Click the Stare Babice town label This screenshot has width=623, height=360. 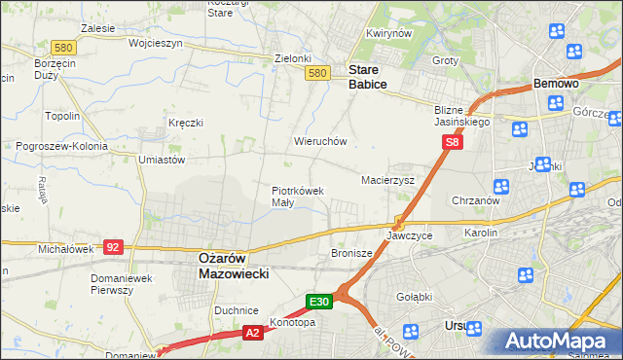coord(368,78)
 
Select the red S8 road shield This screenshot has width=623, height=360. coord(452,143)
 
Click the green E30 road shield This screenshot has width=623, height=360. coord(321,302)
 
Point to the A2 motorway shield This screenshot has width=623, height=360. coord(253,333)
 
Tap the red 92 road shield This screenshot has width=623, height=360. coord(113,247)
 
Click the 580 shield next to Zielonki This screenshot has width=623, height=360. coord(315,73)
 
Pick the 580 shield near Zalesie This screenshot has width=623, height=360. coord(64,47)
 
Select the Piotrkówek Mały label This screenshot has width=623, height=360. coord(297,197)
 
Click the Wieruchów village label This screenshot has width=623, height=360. coord(321,141)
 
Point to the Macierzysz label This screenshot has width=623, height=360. coord(388,181)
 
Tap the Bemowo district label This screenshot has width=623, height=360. coord(557,85)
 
